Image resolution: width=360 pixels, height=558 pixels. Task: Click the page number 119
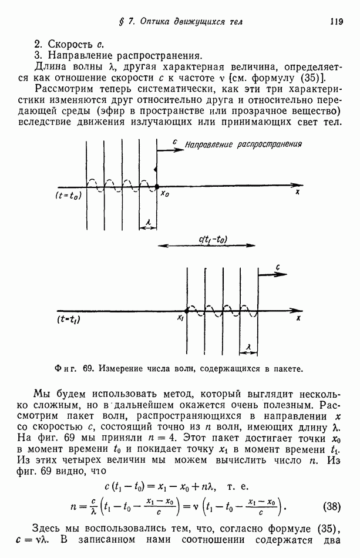[x=336, y=22]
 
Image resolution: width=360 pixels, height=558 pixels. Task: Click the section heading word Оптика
[x=153, y=22]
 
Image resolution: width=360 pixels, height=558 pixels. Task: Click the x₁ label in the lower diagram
[x=180, y=318]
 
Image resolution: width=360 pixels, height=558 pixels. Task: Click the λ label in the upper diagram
[x=149, y=222]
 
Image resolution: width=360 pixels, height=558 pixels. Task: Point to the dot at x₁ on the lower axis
[x=187, y=310]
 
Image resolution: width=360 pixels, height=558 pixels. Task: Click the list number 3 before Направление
[x=36, y=56]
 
